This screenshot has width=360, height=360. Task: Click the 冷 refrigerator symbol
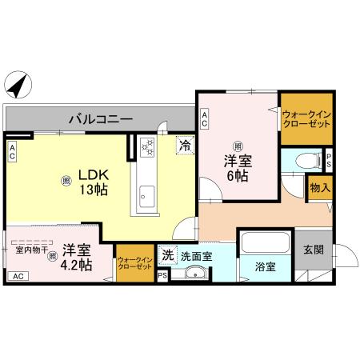(185, 146)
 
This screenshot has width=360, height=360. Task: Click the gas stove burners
(148, 147)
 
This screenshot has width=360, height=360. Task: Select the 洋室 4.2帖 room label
(74, 257)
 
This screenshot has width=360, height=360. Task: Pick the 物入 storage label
(319, 189)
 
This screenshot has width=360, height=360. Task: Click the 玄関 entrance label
(313, 249)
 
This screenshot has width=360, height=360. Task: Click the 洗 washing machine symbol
(167, 255)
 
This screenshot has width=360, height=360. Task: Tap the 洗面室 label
(195, 257)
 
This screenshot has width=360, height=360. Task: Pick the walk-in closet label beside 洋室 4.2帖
(134, 263)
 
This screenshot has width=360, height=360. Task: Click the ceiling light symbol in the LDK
(66, 181)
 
